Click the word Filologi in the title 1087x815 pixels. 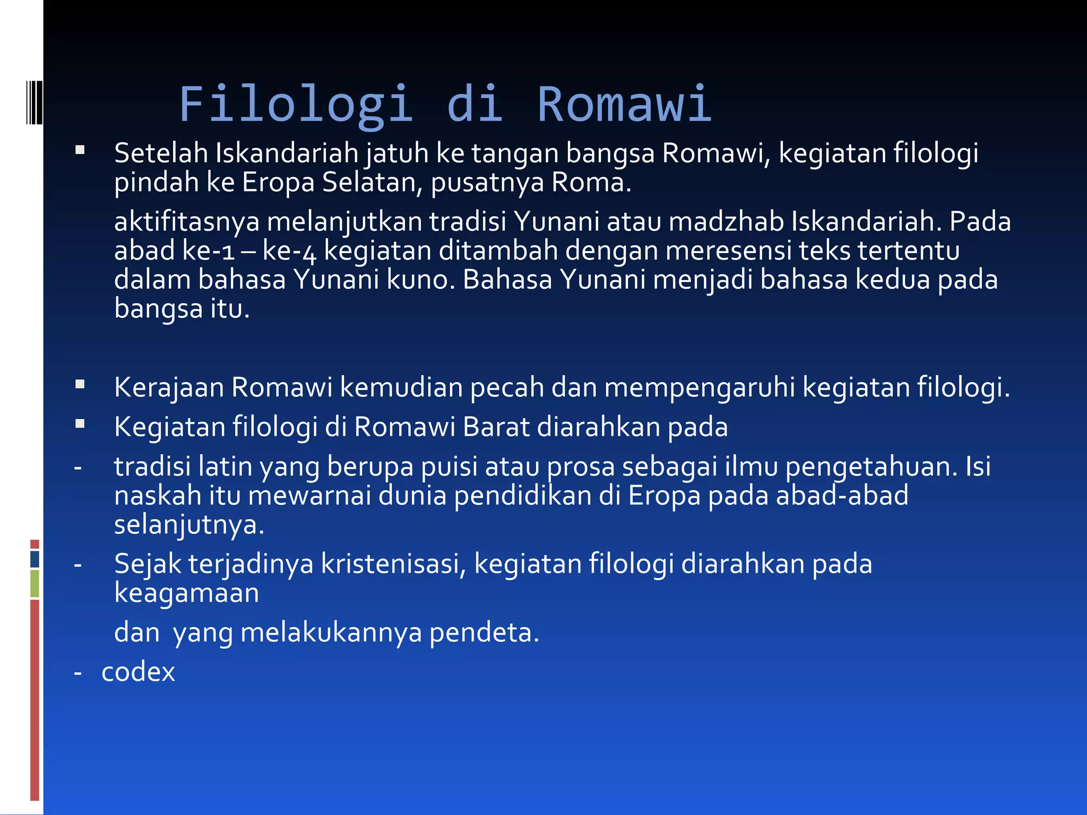pyautogui.click(x=296, y=105)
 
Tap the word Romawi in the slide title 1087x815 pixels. pyautogui.click(x=624, y=105)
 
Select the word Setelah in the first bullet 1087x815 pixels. pyautogui.click(x=161, y=153)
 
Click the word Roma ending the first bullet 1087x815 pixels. pyautogui.click(x=589, y=183)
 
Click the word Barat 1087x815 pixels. pyautogui.click(x=496, y=427)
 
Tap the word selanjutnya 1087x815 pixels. pyautogui.click(x=188, y=525)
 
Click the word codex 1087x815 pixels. pyautogui.click(x=138, y=672)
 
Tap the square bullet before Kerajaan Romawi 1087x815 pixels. pyautogui.click(x=80, y=384)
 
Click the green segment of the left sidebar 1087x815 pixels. pyautogui.click(x=35, y=583)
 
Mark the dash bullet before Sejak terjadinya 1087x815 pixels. pyautogui.click(x=78, y=565)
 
